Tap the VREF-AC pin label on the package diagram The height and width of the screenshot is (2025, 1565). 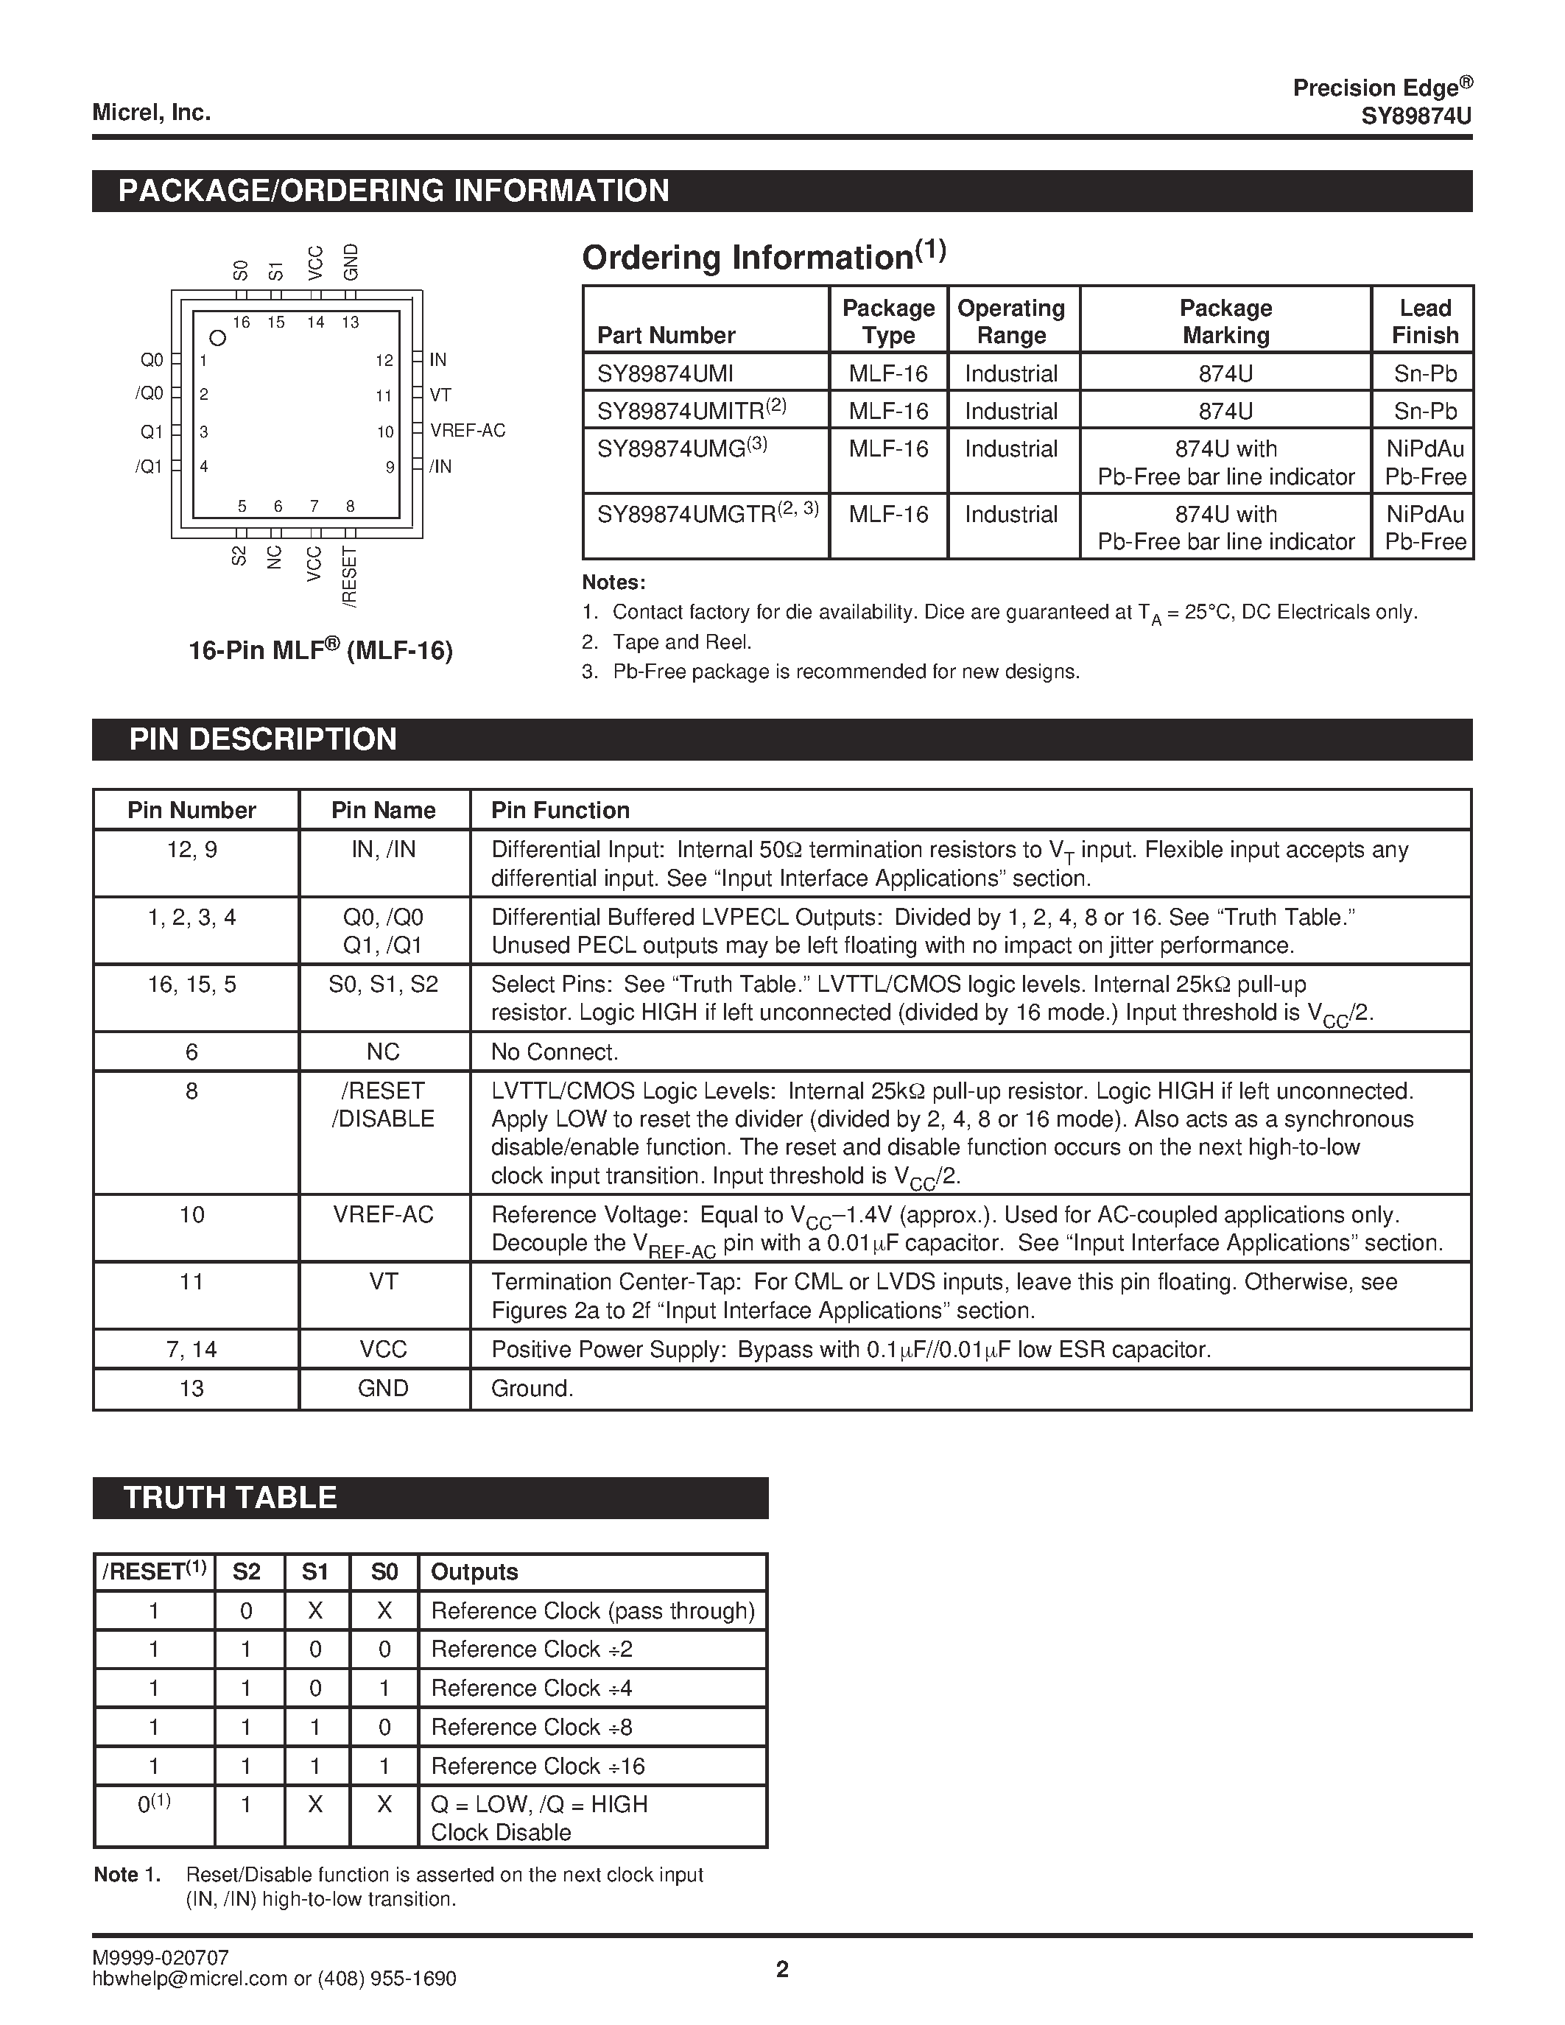pyautogui.click(x=467, y=430)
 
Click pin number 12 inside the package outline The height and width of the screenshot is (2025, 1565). pyautogui.click(x=384, y=361)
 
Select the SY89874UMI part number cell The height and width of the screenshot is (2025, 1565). pyautogui.click(x=665, y=373)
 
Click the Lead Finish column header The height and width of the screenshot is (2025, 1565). pyautogui.click(x=1424, y=321)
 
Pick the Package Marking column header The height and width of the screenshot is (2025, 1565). pyautogui.click(x=1225, y=321)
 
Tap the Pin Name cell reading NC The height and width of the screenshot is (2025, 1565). pyautogui.click(x=383, y=1052)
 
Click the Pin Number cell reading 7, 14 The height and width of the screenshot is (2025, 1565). pyautogui.click(x=192, y=1349)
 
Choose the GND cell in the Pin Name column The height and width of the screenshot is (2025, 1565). pyautogui.click(x=383, y=1388)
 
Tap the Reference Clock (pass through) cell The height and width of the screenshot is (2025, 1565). pyautogui.click(x=592, y=1610)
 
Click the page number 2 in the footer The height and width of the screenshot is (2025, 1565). pyautogui.click(x=781, y=1969)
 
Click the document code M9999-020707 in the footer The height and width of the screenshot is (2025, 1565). pyautogui.click(x=161, y=1957)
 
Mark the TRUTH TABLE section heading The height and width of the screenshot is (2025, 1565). pyautogui.click(x=230, y=1498)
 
